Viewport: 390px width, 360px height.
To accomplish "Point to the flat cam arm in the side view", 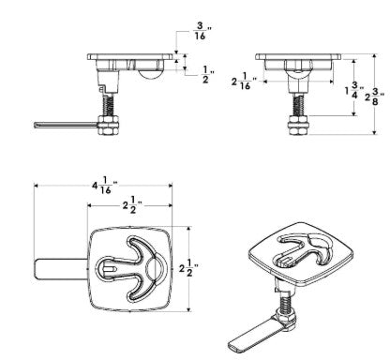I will [67, 123].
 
